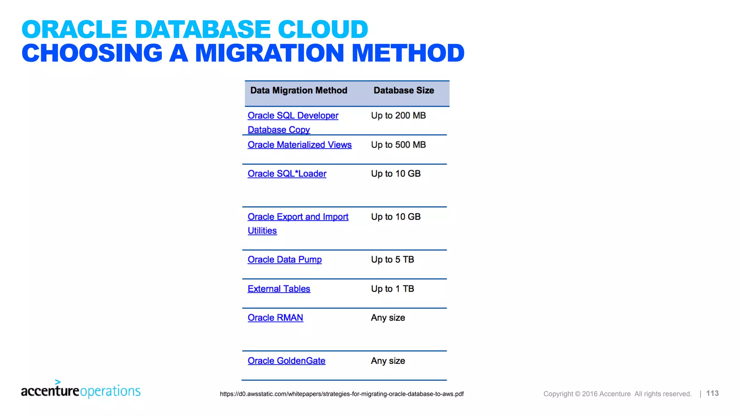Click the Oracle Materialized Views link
coord(300,145)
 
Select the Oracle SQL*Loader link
coord(287,174)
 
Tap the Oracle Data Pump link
coord(284,260)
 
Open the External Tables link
coord(279,289)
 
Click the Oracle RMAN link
coord(275,318)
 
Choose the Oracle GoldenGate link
coord(286,361)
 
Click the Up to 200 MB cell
coord(398,116)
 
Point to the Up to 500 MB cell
coord(398,145)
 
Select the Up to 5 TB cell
coord(392,260)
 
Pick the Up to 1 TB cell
coord(392,289)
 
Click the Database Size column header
coord(404,90)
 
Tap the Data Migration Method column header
coord(298,90)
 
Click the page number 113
coord(712,393)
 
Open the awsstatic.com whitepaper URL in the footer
coord(341,394)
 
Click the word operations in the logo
coord(110,391)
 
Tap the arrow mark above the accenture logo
coord(58,382)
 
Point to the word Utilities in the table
coord(262,231)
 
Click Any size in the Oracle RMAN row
coord(388,318)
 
